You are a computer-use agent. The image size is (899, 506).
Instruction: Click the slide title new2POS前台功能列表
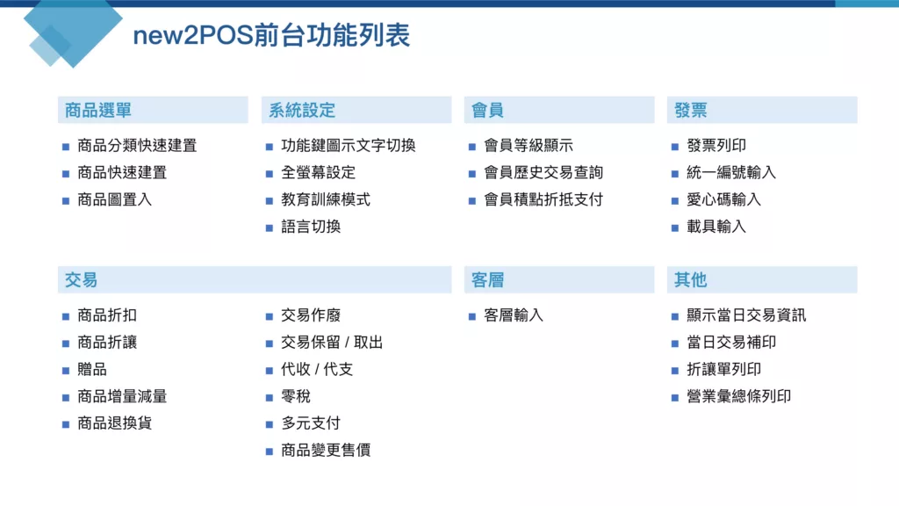click(271, 35)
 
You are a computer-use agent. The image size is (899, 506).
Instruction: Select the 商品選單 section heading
click(98, 110)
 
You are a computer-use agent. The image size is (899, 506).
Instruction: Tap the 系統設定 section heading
click(302, 110)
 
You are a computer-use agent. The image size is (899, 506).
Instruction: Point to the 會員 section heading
click(487, 110)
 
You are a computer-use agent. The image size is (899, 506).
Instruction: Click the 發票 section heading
click(690, 110)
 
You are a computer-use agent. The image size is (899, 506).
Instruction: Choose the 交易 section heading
click(81, 280)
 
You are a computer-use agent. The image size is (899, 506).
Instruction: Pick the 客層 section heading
click(487, 280)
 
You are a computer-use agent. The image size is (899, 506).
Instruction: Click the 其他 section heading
click(690, 280)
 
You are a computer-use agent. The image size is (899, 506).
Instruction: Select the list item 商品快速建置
click(122, 173)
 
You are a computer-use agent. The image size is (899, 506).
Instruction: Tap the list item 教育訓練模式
click(326, 199)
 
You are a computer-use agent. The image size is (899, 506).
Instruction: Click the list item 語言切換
click(311, 227)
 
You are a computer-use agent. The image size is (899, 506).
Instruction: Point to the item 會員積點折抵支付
click(543, 199)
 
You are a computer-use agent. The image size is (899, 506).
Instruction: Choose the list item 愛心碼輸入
click(723, 199)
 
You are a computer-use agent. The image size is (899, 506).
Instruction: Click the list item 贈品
click(92, 370)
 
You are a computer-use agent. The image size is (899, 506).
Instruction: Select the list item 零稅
click(296, 396)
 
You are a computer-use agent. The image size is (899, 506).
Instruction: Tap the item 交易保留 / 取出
click(332, 343)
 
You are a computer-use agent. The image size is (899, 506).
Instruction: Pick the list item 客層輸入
click(513, 315)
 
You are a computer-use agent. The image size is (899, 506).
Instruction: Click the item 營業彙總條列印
click(739, 396)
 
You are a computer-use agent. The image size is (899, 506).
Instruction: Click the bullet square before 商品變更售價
click(270, 452)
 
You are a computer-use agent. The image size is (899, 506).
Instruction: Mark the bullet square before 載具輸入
click(675, 228)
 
